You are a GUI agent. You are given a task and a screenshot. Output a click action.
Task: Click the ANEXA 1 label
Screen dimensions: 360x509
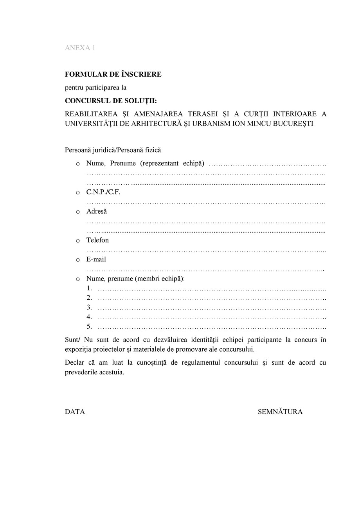tap(80, 48)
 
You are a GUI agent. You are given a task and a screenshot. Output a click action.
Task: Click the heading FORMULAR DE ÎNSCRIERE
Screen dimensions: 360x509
tap(113, 74)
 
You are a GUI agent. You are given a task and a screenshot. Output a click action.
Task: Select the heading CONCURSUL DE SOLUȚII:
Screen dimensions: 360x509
tap(111, 101)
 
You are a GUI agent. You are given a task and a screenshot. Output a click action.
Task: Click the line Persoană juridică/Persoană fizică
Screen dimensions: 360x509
tap(113, 150)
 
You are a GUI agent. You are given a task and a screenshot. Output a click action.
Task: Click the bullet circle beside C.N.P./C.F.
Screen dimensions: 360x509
tap(78, 193)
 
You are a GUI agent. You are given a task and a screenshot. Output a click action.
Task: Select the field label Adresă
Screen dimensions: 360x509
tap(96, 211)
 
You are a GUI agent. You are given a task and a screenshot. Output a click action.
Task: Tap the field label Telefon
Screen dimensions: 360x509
tap(97, 240)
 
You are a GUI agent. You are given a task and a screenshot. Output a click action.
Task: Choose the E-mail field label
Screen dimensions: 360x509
tap(96, 259)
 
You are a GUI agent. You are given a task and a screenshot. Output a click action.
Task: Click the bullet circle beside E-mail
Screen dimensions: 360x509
tap(78, 260)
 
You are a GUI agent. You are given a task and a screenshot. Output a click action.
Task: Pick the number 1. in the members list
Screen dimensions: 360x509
tap(89, 288)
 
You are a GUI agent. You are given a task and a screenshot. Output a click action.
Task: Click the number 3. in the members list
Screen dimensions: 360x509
tap(89, 308)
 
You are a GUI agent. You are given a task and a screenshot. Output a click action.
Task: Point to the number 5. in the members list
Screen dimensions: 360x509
tap(89, 327)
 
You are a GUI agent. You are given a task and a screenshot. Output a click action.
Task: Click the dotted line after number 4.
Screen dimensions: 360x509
tap(211, 317)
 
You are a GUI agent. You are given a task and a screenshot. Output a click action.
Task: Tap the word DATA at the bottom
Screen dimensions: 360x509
tap(75, 412)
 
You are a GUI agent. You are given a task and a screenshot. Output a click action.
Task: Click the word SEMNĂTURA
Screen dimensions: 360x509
tap(280, 412)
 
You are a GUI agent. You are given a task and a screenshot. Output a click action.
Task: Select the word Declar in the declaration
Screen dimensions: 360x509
tap(74, 363)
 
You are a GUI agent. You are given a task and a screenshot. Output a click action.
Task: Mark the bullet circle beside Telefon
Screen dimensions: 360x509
tap(78, 241)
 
